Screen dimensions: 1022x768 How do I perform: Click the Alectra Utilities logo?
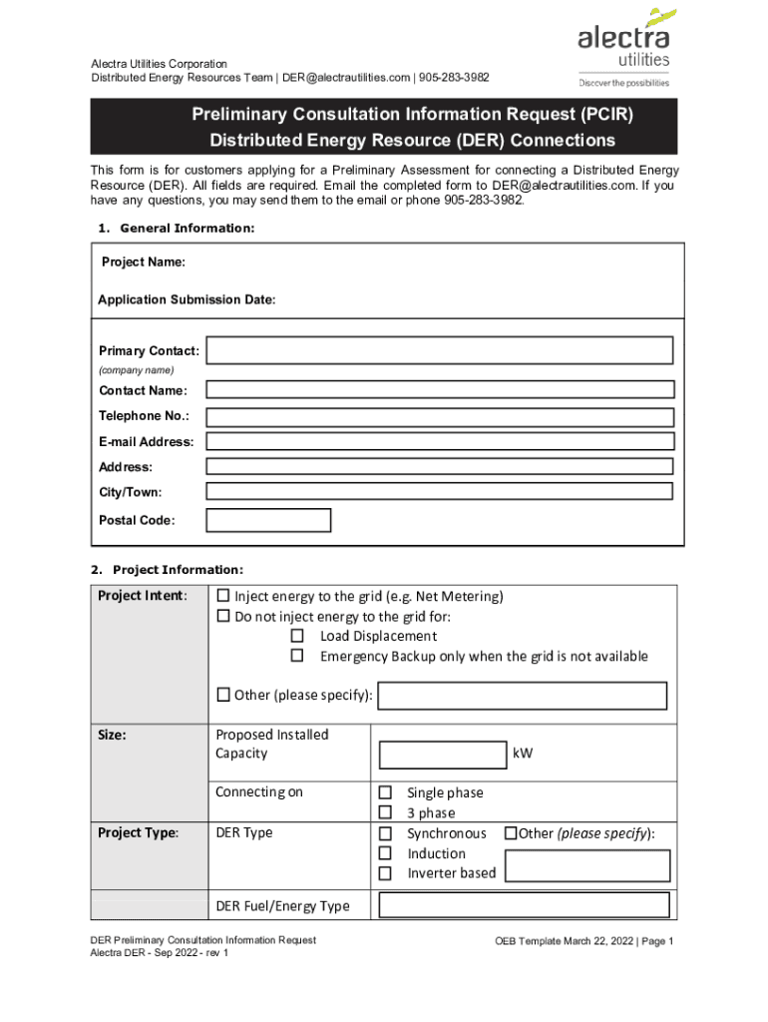(623, 47)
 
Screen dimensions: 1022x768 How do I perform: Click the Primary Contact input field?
(439, 350)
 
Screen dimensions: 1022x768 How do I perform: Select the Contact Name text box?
(439, 390)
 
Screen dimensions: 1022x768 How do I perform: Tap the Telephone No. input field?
(439, 416)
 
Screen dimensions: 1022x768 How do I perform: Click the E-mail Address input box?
(439, 441)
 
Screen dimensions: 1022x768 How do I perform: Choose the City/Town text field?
(439, 491)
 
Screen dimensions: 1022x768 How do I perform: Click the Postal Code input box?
(267, 520)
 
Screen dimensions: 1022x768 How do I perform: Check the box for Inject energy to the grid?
(223, 597)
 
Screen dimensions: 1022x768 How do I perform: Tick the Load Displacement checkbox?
(296, 636)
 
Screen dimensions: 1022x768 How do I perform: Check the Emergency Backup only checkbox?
(296, 656)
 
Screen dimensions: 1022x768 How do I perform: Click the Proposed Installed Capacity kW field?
(443, 755)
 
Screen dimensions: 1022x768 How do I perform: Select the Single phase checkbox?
(384, 793)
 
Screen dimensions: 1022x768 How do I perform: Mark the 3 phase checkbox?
(384, 813)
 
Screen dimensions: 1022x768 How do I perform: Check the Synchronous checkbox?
(384, 833)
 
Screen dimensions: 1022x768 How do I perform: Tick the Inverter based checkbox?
(384, 873)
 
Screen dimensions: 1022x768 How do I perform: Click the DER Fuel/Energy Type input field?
(524, 905)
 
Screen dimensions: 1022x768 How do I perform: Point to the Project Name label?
(143, 261)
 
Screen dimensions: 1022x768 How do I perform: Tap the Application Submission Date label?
(187, 299)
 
